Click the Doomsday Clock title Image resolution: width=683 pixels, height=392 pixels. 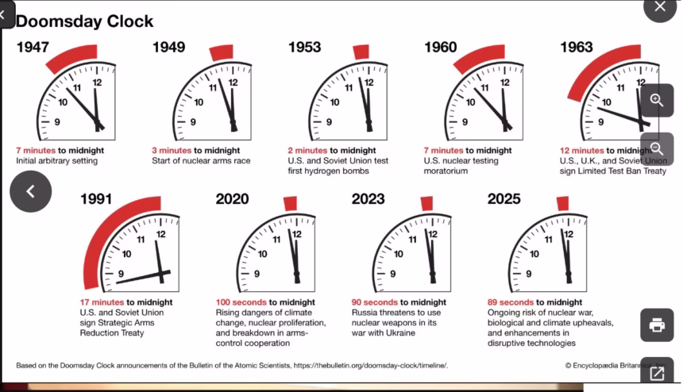coord(84,21)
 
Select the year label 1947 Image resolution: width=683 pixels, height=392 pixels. coord(32,48)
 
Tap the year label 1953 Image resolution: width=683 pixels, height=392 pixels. coord(304,48)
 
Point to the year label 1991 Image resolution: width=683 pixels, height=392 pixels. coord(96,199)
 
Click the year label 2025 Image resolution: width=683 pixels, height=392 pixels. coord(504,199)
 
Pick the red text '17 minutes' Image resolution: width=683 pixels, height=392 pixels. coord(102,302)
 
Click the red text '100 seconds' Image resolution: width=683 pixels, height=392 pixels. coord(241,302)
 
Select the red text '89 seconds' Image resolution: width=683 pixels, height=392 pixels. coord(511,302)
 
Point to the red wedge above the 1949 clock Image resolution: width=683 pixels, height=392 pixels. coord(222,53)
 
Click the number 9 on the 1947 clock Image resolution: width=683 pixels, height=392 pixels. coord(57,122)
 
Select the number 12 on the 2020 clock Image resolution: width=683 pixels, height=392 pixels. coord(297,234)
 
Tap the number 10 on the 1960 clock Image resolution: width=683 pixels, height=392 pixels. coord(471,102)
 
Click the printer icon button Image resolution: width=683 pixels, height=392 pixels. coord(657,325)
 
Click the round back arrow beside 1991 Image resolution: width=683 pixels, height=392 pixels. coord(30,191)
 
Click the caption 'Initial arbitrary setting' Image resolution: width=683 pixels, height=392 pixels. coord(56,161)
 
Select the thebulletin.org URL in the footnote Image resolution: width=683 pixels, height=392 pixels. coord(370,365)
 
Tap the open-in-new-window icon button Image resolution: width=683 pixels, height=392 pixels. coord(657,373)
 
